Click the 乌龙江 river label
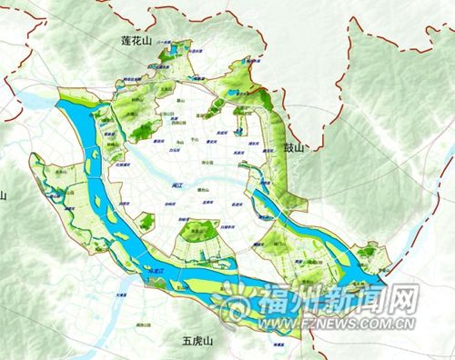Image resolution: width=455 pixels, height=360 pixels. click(158, 271)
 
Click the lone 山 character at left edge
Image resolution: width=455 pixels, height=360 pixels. click(4, 195)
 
